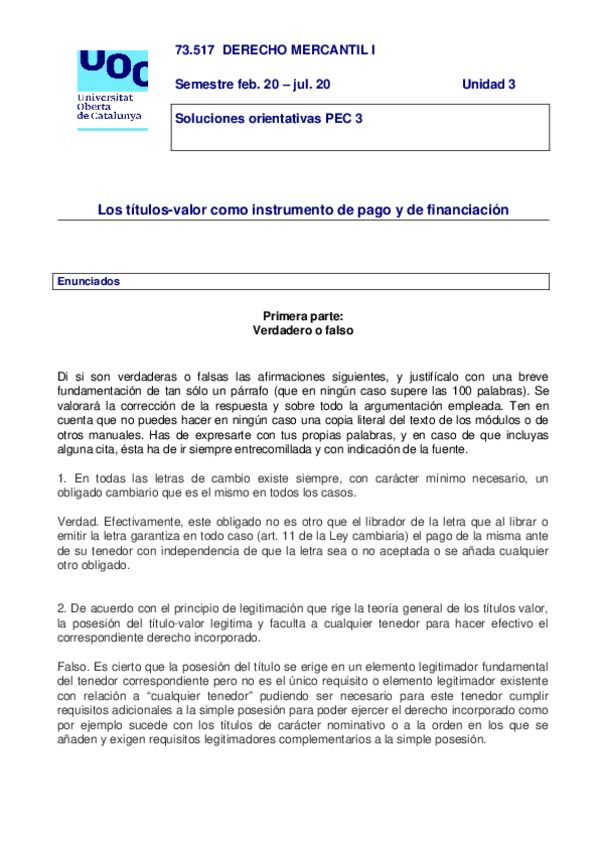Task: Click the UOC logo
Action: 112,70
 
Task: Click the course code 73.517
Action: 194,49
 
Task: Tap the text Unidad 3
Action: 488,84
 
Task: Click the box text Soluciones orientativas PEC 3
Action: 269,118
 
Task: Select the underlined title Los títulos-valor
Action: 302,210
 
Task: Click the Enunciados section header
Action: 89,282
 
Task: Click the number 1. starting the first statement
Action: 62,479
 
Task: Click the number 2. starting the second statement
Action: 62,609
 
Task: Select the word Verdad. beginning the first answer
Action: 78,522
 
